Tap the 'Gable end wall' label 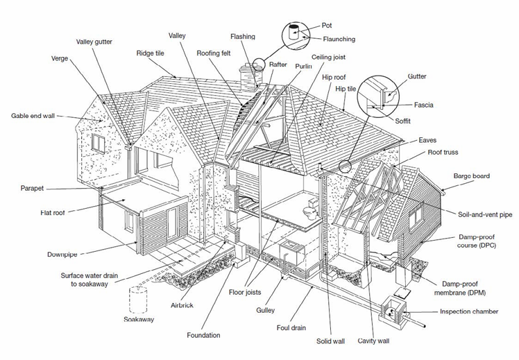click(x=33, y=115)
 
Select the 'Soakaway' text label click(x=139, y=320)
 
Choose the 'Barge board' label click(x=472, y=176)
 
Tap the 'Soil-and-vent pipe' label click(x=486, y=215)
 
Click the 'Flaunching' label click(x=339, y=40)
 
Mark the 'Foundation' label click(x=203, y=335)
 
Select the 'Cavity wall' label click(x=373, y=341)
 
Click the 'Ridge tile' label click(x=150, y=53)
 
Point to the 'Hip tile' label click(x=346, y=89)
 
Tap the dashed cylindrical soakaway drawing click(x=139, y=299)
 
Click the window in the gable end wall click(x=99, y=144)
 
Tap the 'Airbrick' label click(x=182, y=305)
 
